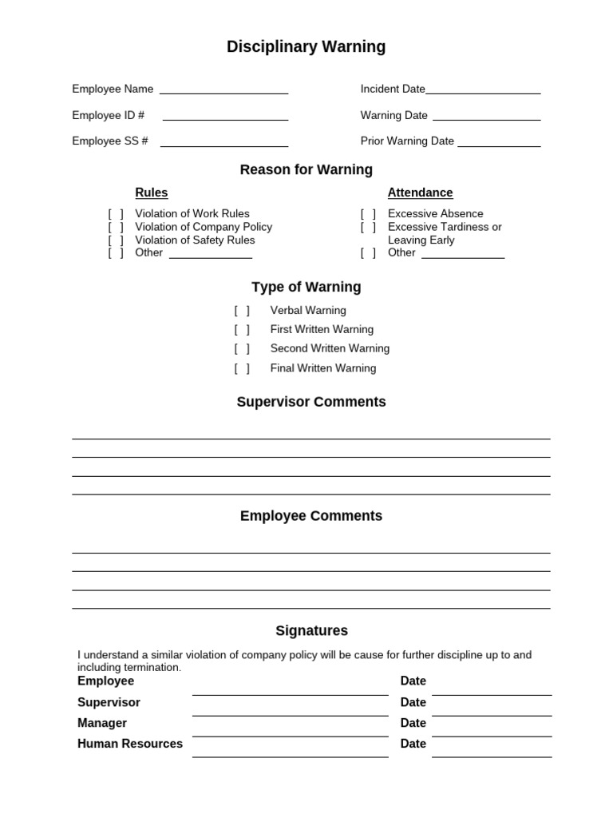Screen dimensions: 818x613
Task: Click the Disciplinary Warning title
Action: coord(306,47)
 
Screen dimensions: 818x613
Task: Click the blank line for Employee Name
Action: coord(223,93)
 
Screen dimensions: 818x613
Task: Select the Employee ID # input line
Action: coord(225,119)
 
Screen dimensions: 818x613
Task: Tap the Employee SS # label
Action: coord(110,141)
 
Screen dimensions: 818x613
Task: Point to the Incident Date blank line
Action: coord(483,93)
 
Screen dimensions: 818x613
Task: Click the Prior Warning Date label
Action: coord(407,141)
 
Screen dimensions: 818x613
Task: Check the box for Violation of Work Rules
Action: coord(117,214)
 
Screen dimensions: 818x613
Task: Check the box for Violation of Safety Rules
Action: coord(117,240)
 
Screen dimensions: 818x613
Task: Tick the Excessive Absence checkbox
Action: coord(368,214)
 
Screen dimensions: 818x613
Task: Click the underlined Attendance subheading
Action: coord(420,193)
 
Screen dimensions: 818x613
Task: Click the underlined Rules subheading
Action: coord(152,193)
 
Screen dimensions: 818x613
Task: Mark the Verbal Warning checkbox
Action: coord(242,311)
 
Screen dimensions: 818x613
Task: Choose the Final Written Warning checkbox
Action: coord(242,369)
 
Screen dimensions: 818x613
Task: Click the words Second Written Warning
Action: coord(330,349)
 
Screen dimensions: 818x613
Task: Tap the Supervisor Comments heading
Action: coord(311,402)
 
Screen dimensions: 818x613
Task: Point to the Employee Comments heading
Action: coord(311,516)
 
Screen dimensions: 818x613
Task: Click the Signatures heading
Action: coord(311,631)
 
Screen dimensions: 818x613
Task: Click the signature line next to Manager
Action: coord(290,735)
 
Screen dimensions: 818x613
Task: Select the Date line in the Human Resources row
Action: coord(491,756)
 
